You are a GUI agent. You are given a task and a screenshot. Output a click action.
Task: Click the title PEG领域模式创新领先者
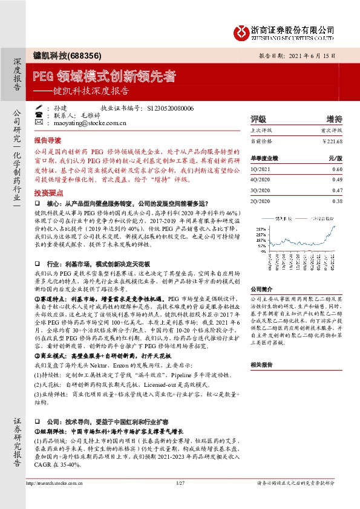click(105, 76)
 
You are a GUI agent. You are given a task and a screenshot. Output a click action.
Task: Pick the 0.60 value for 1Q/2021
click(337, 170)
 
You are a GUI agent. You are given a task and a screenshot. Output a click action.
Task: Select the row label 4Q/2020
click(261, 180)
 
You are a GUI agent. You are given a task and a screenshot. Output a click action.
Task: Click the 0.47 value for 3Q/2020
click(337, 190)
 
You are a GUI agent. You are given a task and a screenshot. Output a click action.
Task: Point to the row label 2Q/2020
click(261, 201)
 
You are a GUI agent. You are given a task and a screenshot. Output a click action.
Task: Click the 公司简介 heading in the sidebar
click(261, 289)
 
